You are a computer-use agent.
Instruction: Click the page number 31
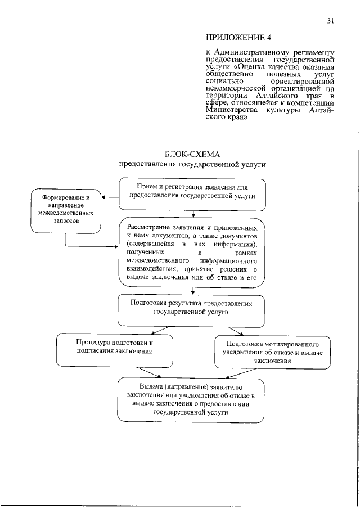coord(331,21)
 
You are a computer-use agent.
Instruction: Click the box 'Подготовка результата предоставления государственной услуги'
coord(192,310)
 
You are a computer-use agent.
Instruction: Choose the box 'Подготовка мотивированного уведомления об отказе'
coord(273,352)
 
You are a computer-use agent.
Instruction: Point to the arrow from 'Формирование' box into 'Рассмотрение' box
coord(90,246)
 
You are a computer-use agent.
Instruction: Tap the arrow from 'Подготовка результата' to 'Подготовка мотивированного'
coord(231,331)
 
